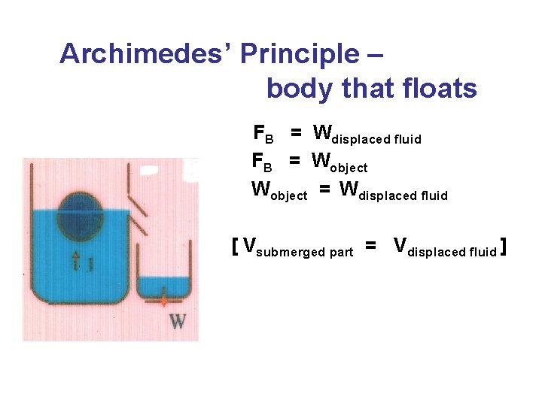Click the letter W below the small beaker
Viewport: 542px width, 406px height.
pos(178,321)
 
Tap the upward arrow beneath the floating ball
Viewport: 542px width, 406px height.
pos(76,262)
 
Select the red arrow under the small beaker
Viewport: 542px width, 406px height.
pos(163,301)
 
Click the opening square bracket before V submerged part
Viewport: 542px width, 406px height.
pos(236,247)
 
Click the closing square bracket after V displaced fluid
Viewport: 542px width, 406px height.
pos(503,247)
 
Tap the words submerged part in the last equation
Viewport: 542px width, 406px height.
pos(304,253)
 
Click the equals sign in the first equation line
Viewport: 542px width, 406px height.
pos(297,133)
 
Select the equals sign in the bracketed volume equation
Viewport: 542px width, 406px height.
pos(370,245)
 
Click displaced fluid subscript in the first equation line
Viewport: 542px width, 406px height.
pos(376,140)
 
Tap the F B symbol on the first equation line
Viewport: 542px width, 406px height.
pos(263,134)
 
